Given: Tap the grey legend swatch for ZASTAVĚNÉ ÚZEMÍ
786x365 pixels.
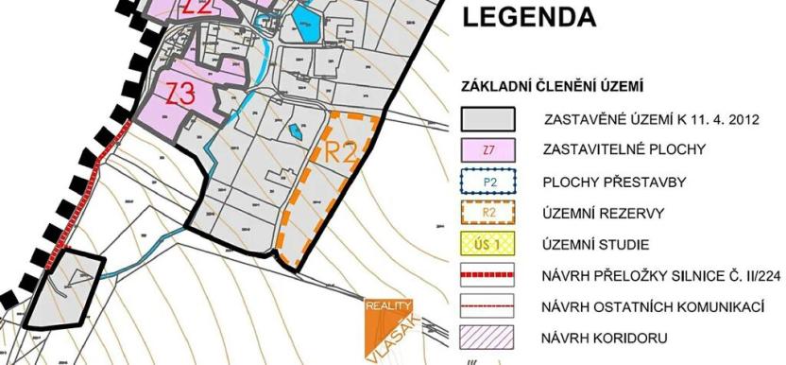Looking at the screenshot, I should point(487,120).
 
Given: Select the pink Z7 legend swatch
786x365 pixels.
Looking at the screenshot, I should point(487,150).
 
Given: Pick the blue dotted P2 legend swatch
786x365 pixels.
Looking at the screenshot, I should point(487,182).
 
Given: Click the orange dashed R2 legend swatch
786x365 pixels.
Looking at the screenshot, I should point(487,213).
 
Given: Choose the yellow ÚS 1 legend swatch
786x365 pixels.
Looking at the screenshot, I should point(487,244).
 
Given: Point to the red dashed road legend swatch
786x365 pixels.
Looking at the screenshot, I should point(487,275).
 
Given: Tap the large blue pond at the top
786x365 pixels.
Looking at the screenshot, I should point(306,23).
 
